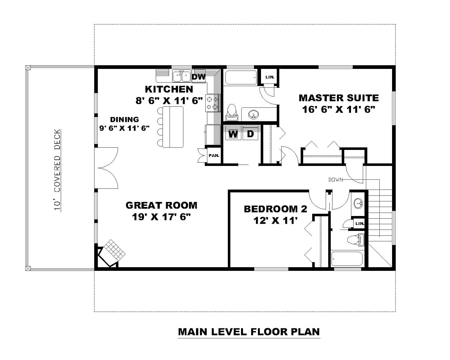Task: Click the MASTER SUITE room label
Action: click(x=339, y=98)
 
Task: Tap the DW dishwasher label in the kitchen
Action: click(x=199, y=77)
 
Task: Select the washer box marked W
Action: click(x=233, y=134)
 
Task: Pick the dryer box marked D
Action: click(x=250, y=134)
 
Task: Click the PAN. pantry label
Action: click(x=214, y=155)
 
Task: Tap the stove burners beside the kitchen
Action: click(x=212, y=103)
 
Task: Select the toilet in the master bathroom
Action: click(x=232, y=111)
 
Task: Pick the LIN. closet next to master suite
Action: click(x=270, y=77)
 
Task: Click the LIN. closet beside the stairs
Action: click(x=359, y=224)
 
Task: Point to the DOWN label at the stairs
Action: click(x=336, y=179)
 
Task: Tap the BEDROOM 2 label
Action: click(x=275, y=209)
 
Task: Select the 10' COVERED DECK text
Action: click(x=57, y=170)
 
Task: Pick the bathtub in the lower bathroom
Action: click(x=347, y=259)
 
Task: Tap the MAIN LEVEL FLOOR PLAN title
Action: click(x=249, y=332)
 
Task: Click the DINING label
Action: click(x=124, y=120)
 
